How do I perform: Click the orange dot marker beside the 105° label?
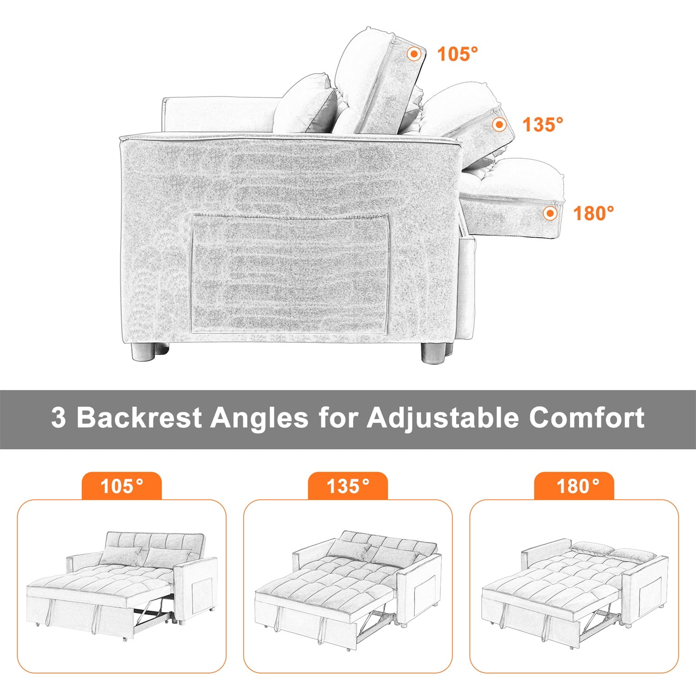pyautogui.click(x=414, y=54)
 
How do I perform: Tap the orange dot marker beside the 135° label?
pyautogui.click(x=499, y=125)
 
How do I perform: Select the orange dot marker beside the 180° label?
pyautogui.click(x=550, y=213)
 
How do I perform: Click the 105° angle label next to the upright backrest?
pyautogui.click(x=458, y=54)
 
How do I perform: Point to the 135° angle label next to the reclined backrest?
pyautogui.click(x=543, y=124)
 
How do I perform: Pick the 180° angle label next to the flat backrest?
pyautogui.click(x=593, y=213)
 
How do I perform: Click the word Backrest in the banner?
pyautogui.click(x=139, y=417)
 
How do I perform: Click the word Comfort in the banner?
pyautogui.click(x=587, y=417)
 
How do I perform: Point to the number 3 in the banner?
pyautogui.click(x=58, y=418)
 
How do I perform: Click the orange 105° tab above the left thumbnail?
pyautogui.click(x=122, y=486)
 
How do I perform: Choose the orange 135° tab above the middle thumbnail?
pyautogui.click(x=348, y=486)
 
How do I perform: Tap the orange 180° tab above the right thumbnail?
pyautogui.click(x=574, y=486)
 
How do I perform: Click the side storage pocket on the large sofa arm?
pyautogui.click(x=290, y=274)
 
